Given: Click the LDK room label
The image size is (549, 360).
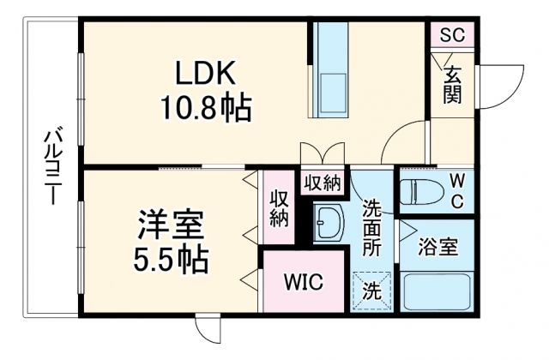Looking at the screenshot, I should tap(205, 74).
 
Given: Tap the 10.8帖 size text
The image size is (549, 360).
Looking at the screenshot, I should tap(205, 109).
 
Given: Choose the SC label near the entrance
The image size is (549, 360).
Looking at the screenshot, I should tap(451, 36).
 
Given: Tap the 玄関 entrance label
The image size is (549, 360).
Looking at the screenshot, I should tap(452, 84).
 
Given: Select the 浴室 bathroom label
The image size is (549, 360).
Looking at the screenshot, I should tap(437, 248).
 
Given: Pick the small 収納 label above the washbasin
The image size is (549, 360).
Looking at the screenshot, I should tap(322, 183).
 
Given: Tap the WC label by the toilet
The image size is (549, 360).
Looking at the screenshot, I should tap(457, 192).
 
